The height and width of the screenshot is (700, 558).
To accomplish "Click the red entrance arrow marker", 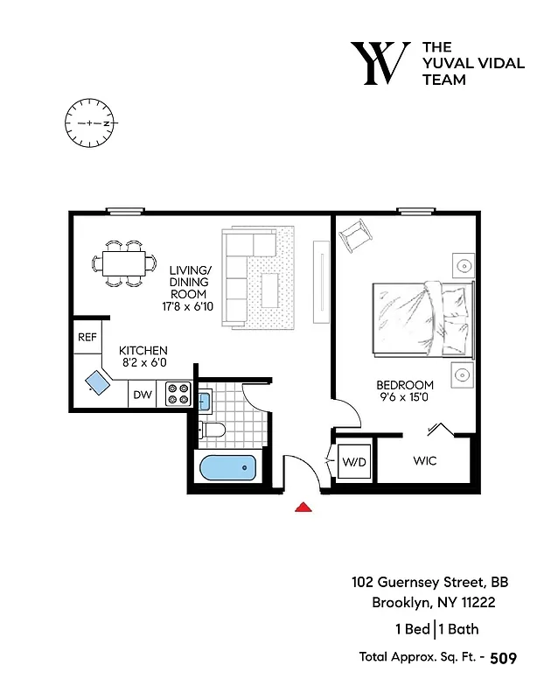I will click(303, 507).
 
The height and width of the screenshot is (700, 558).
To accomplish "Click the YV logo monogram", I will click(380, 63).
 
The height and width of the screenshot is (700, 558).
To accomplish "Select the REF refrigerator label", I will click(87, 337).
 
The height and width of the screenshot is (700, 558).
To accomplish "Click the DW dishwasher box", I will click(143, 395).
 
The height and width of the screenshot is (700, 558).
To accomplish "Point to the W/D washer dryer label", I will click(355, 460).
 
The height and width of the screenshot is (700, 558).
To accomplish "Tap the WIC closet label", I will click(424, 460).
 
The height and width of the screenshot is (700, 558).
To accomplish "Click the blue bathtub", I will click(227, 468).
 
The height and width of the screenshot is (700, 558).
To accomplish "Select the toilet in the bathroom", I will click(212, 430).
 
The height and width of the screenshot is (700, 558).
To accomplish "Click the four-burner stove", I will click(178, 395).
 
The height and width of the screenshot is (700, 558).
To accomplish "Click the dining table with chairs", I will click(122, 262).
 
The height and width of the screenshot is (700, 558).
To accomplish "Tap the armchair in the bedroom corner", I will click(356, 235).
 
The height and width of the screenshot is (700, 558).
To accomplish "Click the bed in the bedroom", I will click(423, 320).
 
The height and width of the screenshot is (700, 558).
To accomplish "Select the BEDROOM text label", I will click(405, 385).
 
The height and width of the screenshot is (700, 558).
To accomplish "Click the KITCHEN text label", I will click(143, 351).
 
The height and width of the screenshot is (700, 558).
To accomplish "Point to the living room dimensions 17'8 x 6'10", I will click(189, 307).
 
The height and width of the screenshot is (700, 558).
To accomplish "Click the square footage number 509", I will click(504, 658).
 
